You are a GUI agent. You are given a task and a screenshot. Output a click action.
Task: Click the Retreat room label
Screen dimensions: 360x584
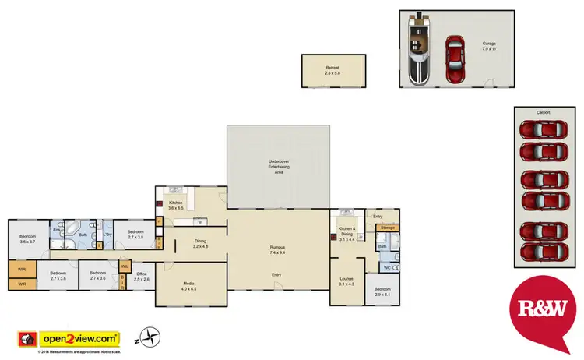click(x=332, y=70)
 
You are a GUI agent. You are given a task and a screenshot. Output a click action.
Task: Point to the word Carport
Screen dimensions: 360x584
click(x=543, y=113)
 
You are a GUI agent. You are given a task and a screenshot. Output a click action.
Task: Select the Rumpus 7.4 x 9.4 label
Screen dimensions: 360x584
click(x=276, y=250)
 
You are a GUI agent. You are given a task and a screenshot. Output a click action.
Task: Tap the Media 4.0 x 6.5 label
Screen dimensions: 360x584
click(x=188, y=286)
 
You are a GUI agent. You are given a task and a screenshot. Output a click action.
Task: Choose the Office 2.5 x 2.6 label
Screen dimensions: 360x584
click(x=141, y=276)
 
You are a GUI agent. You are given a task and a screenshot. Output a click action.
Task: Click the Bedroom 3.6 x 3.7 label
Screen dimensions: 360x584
click(x=28, y=239)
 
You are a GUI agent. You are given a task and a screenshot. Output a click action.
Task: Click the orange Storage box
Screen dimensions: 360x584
click(x=388, y=228)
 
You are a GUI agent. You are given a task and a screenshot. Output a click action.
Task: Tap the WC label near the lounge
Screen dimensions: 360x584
click(x=386, y=269)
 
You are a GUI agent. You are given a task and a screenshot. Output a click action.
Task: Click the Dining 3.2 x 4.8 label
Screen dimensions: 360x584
click(x=200, y=244)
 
